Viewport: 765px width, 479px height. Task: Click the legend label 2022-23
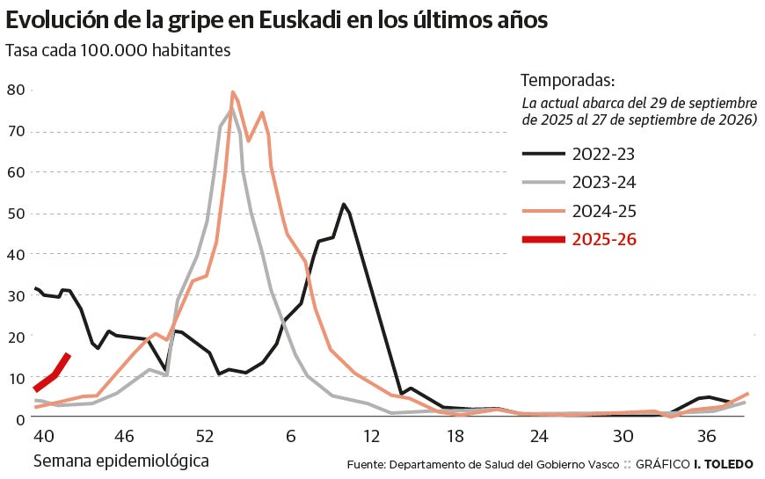[x=603, y=154]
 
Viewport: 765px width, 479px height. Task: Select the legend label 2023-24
[x=603, y=182]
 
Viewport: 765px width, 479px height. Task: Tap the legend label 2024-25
[x=603, y=211]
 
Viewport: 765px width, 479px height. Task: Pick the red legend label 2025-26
[x=603, y=239]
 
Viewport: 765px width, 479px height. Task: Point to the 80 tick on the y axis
[x=15, y=90]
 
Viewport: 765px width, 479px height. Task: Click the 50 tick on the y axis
[x=15, y=213]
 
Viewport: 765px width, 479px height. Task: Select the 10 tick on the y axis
[x=15, y=377]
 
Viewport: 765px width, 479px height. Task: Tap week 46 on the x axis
[x=124, y=436]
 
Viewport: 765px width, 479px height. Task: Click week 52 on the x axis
[x=205, y=436]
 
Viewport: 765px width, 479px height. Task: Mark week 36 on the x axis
[x=706, y=436]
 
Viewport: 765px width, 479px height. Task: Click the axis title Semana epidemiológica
[x=121, y=461]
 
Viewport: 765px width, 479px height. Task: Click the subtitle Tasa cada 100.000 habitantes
[x=118, y=50]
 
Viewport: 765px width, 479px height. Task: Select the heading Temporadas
[x=567, y=79]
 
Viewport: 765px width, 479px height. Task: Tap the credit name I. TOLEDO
[x=724, y=464]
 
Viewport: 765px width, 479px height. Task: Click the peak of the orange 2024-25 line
[x=232, y=92]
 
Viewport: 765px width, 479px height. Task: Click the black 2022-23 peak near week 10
[x=343, y=205]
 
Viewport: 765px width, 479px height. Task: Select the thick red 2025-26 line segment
[x=52, y=373]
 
